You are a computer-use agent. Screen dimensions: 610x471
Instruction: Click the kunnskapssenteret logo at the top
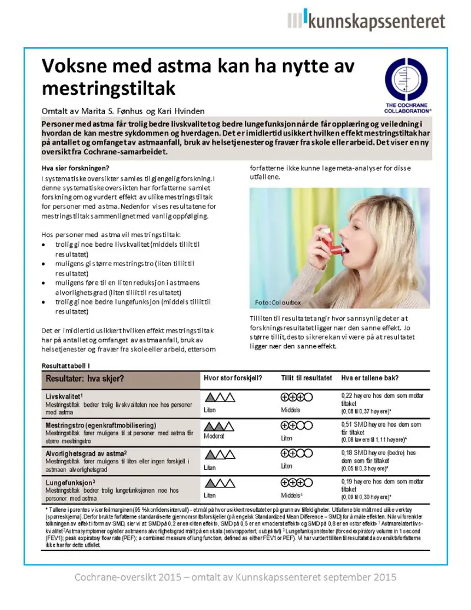pos(366,22)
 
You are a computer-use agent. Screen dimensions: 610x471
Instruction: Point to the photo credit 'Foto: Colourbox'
pos(278,302)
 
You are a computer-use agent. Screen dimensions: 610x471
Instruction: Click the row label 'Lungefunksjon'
pos(69,482)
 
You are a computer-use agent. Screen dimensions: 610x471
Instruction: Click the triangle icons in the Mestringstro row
pos(219,426)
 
